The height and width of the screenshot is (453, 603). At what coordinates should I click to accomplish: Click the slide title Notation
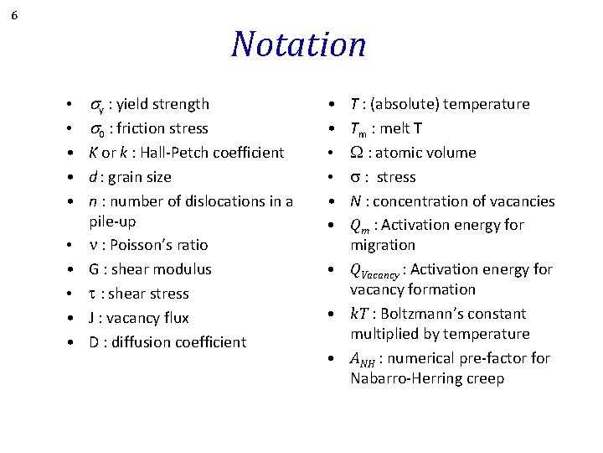(x=299, y=44)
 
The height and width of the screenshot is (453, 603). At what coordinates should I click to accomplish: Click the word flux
(x=176, y=318)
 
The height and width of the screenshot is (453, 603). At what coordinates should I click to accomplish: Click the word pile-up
(x=112, y=221)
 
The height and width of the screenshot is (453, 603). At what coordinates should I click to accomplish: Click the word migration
(x=383, y=245)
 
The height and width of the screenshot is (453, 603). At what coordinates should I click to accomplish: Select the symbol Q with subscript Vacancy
(x=374, y=270)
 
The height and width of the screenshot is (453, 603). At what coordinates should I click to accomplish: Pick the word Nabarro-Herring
(x=410, y=378)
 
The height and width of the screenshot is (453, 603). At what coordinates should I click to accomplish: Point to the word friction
(x=141, y=128)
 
